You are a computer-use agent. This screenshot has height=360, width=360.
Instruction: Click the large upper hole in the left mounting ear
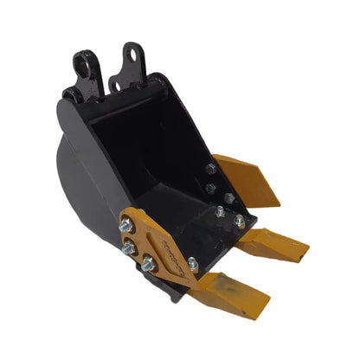click(81, 62)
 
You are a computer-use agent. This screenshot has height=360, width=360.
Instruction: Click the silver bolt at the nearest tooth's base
click(192, 264)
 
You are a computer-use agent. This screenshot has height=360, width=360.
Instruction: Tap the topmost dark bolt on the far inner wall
click(210, 170)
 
